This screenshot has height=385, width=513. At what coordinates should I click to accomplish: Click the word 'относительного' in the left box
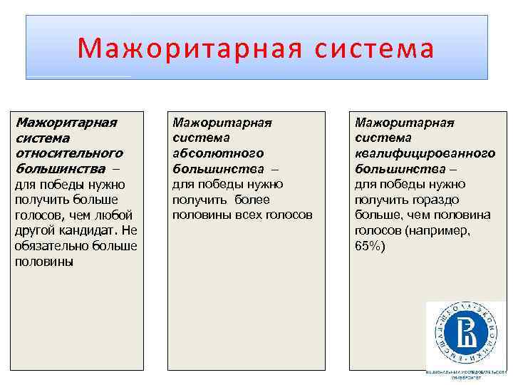(68, 153)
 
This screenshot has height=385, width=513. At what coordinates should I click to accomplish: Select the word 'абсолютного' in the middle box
(218, 153)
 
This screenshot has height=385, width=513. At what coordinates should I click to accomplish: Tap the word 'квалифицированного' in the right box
(425, 153)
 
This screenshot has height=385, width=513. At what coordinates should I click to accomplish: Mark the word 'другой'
(35, 230)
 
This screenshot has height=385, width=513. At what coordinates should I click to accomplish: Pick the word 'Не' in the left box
(128, 230)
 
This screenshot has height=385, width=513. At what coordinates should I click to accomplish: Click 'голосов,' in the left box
(39, 215)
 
